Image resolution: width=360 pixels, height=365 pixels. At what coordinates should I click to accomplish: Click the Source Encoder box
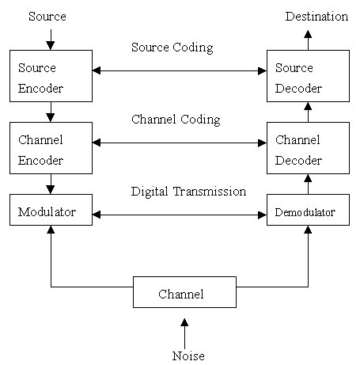click(x=51, y=76)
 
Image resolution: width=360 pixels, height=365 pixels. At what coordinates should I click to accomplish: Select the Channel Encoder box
click(x=51, y=148)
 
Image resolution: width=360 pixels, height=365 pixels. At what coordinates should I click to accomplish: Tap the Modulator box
click(x=51, y=210)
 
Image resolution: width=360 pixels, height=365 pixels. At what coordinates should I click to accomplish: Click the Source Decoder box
click(x=308, y=76)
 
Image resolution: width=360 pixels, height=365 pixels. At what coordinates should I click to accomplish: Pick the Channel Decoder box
click(x=308, y=148)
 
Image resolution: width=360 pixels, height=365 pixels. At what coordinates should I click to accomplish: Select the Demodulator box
click(x=308, y=210)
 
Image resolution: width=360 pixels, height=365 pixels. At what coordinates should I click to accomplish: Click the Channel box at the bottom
click(x=184, y=292)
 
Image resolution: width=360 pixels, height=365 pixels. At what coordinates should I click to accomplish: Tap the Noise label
click(x=188, y=355)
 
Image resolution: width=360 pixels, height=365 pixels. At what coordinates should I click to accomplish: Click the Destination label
click(x=316, y=17)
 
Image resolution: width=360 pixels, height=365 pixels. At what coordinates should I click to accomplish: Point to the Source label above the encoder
click(x=47, y=17)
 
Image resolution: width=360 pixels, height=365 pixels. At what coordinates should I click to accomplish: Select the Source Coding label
click(x=172, y=48)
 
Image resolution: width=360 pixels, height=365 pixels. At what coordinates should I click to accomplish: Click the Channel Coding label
click(x=176, y=120)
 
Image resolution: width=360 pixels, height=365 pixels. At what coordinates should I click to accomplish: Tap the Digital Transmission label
click(x=188, y=192)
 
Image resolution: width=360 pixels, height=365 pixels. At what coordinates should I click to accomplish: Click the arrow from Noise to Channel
click(x=184, y=333)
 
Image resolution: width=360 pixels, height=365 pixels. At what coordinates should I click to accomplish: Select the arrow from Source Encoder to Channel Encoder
click(x=51, y=112)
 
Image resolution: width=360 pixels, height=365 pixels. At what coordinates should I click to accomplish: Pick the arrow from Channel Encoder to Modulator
click(x=51, y=184)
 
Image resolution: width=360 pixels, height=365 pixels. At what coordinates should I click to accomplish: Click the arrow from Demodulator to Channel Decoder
click(x=308, y=184)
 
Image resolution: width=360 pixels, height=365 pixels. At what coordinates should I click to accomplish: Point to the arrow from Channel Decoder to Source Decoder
click(x=308, y=112)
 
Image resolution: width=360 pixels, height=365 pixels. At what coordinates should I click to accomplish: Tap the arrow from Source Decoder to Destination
click(x=308, y=40)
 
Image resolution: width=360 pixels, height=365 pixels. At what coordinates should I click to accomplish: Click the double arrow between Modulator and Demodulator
click(x=180, y=215)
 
